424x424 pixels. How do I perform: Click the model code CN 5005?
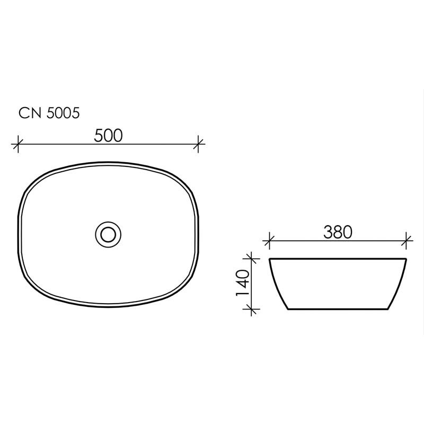49,113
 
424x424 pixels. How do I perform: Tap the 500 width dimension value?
108,136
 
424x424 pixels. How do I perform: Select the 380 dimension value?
338,232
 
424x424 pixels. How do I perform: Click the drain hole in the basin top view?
109,233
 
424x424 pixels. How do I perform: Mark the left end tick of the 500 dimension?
19,143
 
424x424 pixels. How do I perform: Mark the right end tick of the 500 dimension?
199,143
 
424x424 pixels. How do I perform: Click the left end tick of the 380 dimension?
269,240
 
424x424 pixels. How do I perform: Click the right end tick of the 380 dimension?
407,240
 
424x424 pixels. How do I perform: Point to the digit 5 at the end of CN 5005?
76,113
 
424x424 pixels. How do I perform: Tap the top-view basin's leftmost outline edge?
20,233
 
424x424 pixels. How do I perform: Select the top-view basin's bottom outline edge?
109,305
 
